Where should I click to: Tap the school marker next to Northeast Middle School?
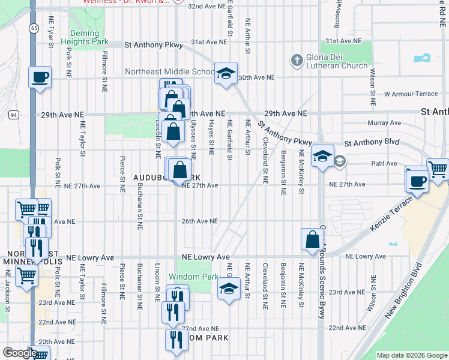click(x=226, y=74)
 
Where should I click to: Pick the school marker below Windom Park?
click(x=228, y=289)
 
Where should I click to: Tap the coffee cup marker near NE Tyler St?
click(x=40, y=77)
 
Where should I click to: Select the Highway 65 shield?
click(x=34, y=28)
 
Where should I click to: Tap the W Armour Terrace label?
click(x=411, y=94)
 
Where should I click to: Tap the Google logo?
click(x=20, y=353)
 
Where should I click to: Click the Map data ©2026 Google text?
click(x=412, y=355)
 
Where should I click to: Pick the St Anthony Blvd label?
click(x=372, y=143)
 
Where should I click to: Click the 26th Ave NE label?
click(x=200, y=221)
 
